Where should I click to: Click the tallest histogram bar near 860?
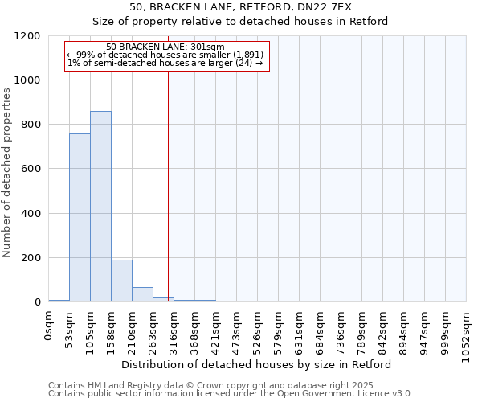[100, 207]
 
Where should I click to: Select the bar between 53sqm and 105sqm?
[80, 218]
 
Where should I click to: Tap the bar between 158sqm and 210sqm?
[121, 281]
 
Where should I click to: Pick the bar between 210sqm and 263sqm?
[142, 294]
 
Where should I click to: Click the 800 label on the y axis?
[31, 125]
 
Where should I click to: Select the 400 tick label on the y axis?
[31, 214]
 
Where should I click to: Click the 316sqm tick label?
[174, 330]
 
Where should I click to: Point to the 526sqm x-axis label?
[258, 330]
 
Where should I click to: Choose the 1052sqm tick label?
[467, 332]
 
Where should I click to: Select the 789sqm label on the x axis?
[362, 330]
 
